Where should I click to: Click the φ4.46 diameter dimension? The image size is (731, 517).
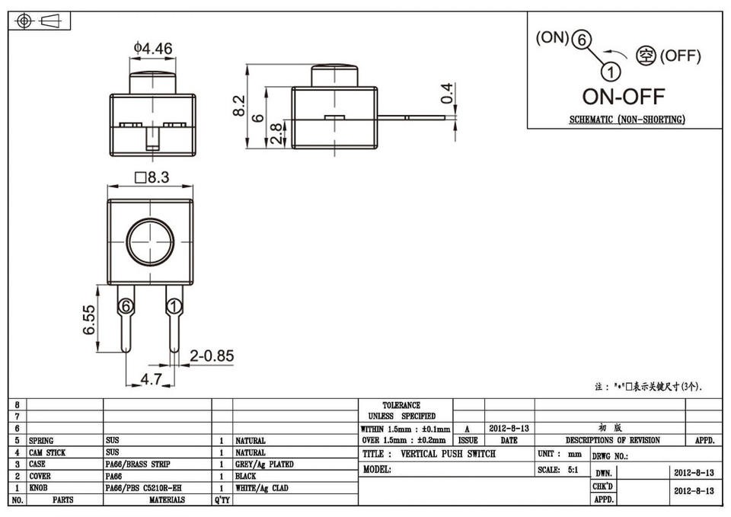click(x=153, y=49)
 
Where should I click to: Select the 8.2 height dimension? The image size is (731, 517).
click(x=239, y=105)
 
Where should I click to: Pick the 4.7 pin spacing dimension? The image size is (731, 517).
click(x=152, y=378)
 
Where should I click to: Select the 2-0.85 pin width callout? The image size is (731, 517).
click(x=212, y=356)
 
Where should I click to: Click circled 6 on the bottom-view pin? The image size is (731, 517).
click(x=126, y=307)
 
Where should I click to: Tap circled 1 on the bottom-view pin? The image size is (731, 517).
click(x=174, y=307)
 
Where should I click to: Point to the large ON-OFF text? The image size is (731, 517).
click(x=623, y=97)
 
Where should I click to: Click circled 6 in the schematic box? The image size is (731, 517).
click(x=581, y=42)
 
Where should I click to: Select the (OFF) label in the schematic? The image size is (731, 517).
click(x=680, y=56)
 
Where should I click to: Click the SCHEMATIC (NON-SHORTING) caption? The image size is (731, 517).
click(x=627, y=120)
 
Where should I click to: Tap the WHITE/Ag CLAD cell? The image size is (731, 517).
click(x=261, y=488)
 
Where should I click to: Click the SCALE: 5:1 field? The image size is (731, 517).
click(x=557, y=470)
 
